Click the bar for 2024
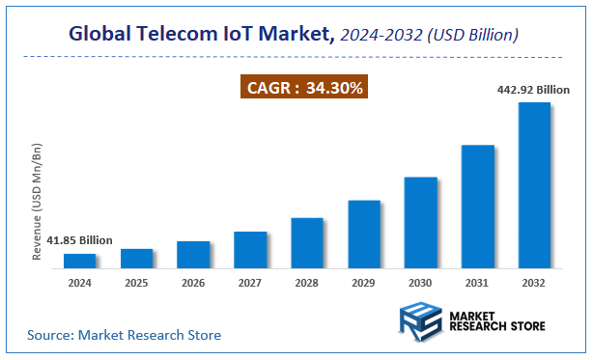tap(80, 261)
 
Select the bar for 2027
tap(250, 249)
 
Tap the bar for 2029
tap(364, 234)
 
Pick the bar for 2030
tap(421, 222)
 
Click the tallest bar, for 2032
tap(534, 184)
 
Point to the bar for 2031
tap(477, 206)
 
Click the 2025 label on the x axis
tap(137, 284)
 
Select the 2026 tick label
tap(193, 284)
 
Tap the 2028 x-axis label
tap(307, 284)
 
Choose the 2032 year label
tap(534, 284)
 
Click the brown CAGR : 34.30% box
tap(303, 89)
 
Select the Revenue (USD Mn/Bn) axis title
tap(38, 202)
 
